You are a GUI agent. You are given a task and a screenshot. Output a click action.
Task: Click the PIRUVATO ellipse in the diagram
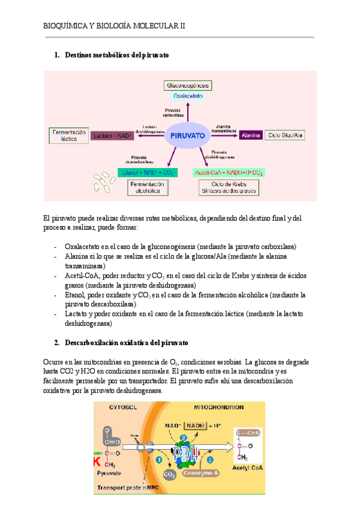click(x=188, y=136)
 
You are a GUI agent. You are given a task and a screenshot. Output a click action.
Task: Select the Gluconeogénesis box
click(x=188, y=85)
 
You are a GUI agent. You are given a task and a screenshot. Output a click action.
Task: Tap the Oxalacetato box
click(x=188, y=95)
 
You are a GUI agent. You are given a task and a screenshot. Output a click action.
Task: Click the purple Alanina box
click(x=250, y=136)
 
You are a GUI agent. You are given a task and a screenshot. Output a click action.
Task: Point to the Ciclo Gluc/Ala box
click(x=285, y=136)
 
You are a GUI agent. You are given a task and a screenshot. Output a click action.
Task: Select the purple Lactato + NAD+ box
click(x=112, y=136)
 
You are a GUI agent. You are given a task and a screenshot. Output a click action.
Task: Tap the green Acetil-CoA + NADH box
click(x=229, y=172)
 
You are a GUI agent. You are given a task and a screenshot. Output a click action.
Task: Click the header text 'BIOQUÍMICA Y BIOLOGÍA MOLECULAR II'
click(x=115, y=26)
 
